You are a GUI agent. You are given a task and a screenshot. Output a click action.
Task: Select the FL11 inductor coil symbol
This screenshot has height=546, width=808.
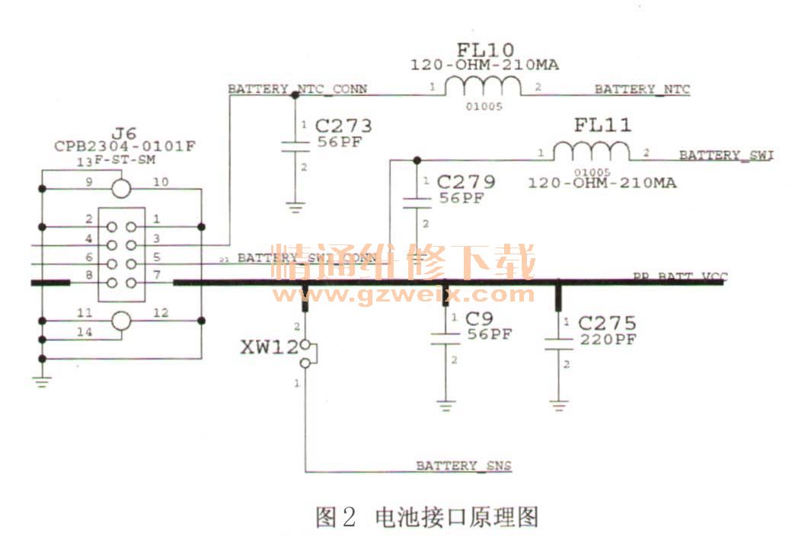[592, 152]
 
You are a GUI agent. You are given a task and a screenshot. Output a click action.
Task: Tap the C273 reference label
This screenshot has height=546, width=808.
[343, 126]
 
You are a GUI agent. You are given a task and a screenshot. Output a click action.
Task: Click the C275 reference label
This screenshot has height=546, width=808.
[607, 323]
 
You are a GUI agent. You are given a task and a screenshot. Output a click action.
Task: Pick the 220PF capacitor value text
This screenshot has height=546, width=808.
[607, 340]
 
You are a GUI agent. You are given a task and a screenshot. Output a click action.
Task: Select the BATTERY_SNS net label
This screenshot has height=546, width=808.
[463, 465]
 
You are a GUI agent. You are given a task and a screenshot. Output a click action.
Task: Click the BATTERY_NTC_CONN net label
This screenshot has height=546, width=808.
[298, 89]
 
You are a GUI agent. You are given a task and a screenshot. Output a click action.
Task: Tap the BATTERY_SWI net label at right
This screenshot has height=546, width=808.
[726, 155]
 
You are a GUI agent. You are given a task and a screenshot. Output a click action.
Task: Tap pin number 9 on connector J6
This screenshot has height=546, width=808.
[89, 183]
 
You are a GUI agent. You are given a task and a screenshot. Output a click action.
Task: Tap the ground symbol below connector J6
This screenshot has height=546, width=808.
[42, 382]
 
